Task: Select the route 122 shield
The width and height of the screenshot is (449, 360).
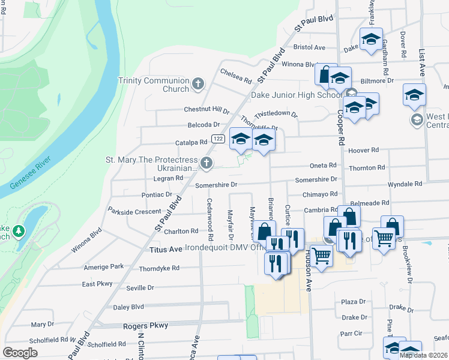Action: click(218, 139)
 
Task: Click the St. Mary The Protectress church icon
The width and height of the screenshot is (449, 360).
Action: click(206, 163)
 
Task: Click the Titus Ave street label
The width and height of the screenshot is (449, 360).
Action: click(165, 248)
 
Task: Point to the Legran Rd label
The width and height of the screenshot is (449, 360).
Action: click(167, 179)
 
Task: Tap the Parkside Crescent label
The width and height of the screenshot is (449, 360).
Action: click(134, 211)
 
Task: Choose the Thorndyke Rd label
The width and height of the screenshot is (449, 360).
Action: click(159, 269)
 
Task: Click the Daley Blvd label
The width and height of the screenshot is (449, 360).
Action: click(128, 307)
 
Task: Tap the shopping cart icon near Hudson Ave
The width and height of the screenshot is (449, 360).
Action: click(322, 256)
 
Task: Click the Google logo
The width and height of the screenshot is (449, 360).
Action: click(20, 353)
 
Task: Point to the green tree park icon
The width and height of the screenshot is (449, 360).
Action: click(19, 230)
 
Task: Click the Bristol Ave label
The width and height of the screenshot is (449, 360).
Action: click(309, 47)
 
